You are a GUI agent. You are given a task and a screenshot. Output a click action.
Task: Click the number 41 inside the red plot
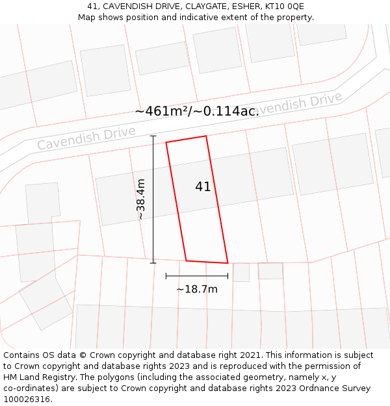click(x=203, y=187)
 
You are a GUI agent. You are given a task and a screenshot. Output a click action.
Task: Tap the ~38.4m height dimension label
click(x=141, y=199)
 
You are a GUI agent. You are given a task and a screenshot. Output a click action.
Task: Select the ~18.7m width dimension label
click(x=197, y=289)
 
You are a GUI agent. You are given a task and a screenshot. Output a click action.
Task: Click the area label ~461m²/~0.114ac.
click(x=197, y=111)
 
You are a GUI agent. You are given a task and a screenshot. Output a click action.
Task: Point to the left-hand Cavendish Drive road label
click(x=86, y=138)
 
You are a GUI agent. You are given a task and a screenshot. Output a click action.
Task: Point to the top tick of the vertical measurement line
click(x=153, y=136)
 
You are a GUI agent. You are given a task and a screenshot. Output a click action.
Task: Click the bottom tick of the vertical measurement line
click(x=153, y=263)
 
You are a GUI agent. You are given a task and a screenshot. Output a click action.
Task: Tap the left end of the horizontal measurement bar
click(x=166, y=276)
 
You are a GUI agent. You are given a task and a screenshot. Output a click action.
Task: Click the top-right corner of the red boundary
click(x=206, y=136)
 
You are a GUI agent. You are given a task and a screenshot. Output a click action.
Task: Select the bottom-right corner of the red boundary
click(x=227, y=263)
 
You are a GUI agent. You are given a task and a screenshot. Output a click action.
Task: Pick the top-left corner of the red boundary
click(x=166, y=142)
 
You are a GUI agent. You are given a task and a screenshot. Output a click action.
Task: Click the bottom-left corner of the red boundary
click(x=187, y=260)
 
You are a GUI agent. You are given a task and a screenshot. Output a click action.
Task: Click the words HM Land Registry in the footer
click(x=36, y=377)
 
